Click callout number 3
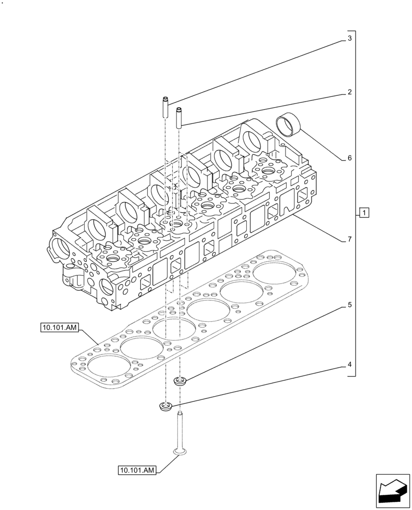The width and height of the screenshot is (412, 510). pyautogui.click(x=349, y=38)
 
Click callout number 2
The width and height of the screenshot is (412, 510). pyautogui.click(x=349, y=92)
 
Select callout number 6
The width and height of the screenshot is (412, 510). pyautogui.click(x=349, y=158)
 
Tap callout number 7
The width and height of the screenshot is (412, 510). pyautogui.click(x=349, y=239)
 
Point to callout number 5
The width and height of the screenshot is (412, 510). pyautogui.click(x=349, y=305)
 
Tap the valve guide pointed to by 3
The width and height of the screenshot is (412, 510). pyautogui.click(x=165, y=107)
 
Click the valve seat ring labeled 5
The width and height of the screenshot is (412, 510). pyautogui.click(x=180, y=380)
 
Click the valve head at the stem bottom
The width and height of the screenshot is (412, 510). pyautogui.click(x=179, y=451)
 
